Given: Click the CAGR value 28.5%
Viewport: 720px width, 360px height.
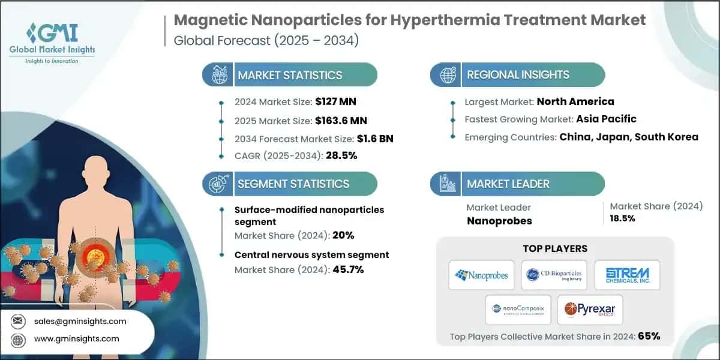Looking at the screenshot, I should (x=341, y=156).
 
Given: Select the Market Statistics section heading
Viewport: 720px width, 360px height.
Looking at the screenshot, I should (x=290, y=75).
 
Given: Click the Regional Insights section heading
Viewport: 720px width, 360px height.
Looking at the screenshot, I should (x=518, y=75).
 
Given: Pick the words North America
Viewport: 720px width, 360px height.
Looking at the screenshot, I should (x=575, y=101).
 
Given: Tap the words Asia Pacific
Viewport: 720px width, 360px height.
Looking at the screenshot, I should (x=606, y=119).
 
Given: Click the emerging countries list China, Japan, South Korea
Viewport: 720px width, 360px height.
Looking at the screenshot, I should (x=629, y=137).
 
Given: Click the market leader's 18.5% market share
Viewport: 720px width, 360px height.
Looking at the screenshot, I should (x=622, y=218).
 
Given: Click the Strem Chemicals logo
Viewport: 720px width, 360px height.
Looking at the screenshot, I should (x=626, y=275).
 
